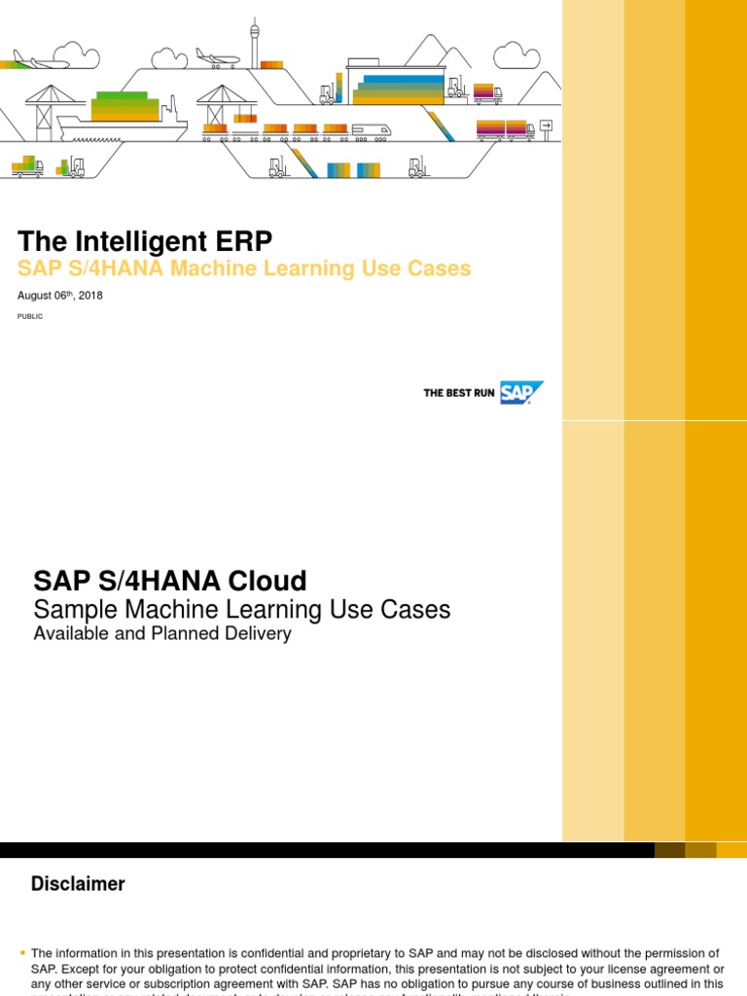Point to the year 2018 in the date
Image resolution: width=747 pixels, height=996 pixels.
89,296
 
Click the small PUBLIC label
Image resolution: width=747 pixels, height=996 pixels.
31,316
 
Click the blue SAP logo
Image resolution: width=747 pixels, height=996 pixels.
521,392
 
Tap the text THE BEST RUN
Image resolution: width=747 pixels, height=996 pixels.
459,393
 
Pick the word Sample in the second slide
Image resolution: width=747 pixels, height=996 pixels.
73,610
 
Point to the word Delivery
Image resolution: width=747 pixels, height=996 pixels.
258,634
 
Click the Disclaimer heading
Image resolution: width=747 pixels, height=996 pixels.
78,884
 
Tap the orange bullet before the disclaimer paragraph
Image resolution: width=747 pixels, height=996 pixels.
23,953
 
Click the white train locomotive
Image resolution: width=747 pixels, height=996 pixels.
371,128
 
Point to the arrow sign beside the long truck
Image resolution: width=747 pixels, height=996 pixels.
546,124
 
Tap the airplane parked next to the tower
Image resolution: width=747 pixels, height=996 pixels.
217,57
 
